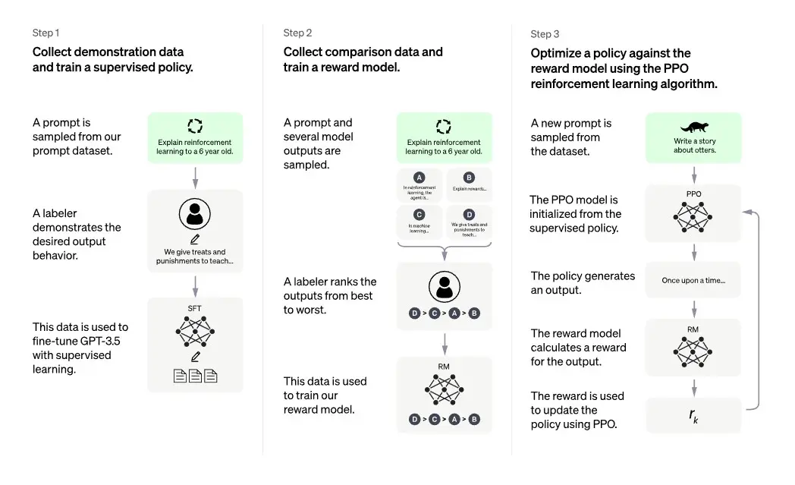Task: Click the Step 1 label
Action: (x=46, y=33)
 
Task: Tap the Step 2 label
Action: (x=297, y=33)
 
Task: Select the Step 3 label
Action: (x=545, y=34)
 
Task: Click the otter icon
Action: (x=694, y=127)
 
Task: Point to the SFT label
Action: (x=194, y=308)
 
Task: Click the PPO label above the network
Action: (x=693, y=194)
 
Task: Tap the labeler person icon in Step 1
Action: (x=195, y=214)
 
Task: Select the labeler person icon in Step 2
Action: (x=445, y=287)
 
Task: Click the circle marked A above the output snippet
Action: (x=419, y=178)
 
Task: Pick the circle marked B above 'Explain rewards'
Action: (x=469, y=178)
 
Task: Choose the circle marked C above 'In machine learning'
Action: (x=419, y=215)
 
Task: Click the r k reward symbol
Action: (x=693, y=416)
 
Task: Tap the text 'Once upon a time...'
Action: (x=693, y=281)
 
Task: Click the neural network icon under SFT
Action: (x=195, y=332)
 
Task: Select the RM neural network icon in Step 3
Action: (x=693, y=351)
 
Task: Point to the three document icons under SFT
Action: (x=195, y=376)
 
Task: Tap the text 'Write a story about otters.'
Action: (x=695, y=146)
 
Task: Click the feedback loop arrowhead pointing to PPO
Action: (x=747, y=212)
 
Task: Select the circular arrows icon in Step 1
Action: (x=195, y=126)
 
